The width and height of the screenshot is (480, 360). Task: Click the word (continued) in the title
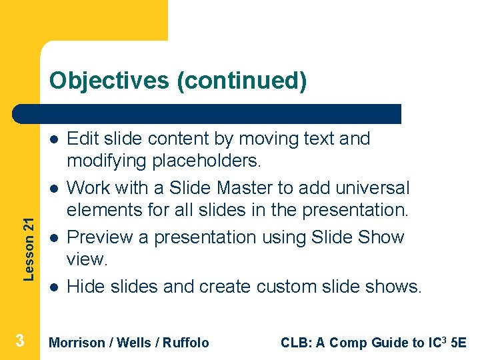point(242,81)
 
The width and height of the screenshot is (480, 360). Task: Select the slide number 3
point(20,341)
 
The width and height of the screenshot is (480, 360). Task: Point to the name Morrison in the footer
point(77,343)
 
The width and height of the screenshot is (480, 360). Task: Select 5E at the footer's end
point(459,343)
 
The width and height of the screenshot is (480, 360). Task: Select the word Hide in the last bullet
point(83,287)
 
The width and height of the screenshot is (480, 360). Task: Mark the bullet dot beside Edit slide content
point(52,139)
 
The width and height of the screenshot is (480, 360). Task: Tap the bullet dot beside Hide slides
point(52,287)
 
